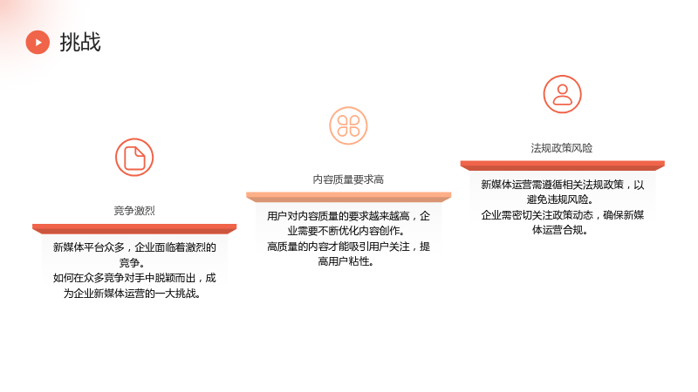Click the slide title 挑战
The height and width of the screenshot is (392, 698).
80,42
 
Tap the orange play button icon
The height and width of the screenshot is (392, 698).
38,42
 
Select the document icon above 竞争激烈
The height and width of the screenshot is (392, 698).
134,158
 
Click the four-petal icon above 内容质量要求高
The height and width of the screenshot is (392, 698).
348,125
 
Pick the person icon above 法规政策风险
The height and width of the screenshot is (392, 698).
562,94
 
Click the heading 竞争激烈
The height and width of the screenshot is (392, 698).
134,211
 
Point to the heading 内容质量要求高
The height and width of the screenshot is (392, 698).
348,179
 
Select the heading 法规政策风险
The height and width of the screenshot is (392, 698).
562,148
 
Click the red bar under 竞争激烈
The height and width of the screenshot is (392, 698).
134,229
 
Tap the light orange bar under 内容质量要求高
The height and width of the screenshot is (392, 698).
348,198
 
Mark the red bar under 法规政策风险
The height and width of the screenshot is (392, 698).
562,166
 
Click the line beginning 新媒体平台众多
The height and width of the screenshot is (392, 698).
134,247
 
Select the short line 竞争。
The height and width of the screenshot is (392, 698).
132,263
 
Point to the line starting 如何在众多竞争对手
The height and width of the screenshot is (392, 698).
134,278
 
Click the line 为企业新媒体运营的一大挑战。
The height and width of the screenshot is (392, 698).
133,294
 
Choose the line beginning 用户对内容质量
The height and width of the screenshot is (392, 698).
348,216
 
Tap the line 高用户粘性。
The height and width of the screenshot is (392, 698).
346,261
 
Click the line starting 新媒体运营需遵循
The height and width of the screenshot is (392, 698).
562,185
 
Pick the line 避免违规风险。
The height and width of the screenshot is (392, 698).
559,199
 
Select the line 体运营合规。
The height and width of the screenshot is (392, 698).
560,230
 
